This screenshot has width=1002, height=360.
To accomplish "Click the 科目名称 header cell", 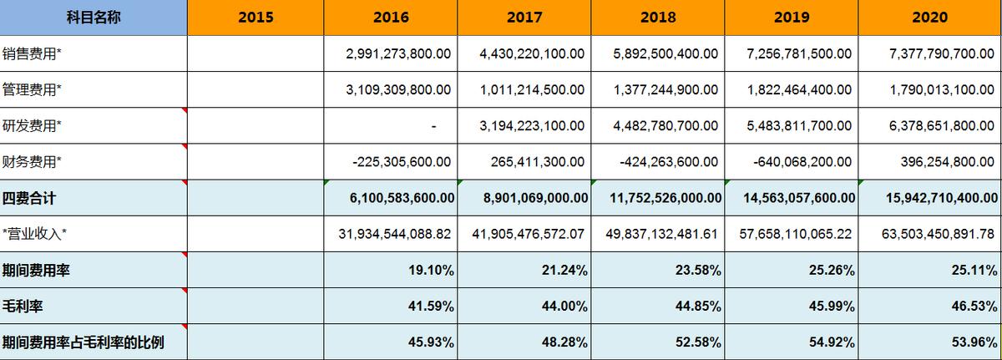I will [94, 18].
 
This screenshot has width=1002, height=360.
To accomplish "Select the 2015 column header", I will [255, 18].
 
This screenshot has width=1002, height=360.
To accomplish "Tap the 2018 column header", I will [657, 18].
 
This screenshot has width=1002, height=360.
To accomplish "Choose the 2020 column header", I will [930, 18].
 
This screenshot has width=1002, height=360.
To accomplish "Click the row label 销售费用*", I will [33, 53].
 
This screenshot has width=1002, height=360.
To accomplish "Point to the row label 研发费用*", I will [33, 125].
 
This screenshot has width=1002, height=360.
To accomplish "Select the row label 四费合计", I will [29, 199].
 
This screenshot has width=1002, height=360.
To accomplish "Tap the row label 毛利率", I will [23, 306].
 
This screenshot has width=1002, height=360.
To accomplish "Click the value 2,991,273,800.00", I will [398, 53].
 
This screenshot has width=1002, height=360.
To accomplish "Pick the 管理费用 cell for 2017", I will [532, 89].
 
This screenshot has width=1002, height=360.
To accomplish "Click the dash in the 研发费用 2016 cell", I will [434, 126].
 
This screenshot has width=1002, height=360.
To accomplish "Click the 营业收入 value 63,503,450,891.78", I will [939, 234].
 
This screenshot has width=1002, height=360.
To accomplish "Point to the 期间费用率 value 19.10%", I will [432, 270].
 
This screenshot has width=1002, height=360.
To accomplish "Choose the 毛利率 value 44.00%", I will [565, 306].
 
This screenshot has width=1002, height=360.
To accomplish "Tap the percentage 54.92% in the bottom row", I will [832, 342].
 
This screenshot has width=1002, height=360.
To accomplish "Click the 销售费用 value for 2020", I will [941, 53].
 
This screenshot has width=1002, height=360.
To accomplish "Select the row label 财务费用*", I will [33, 162].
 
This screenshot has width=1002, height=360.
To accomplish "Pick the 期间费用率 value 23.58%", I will [699, 270].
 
